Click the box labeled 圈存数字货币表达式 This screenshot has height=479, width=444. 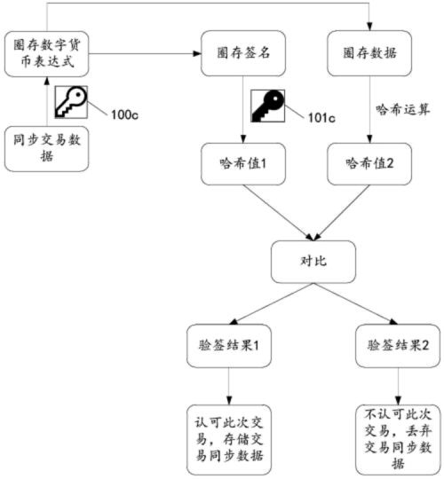(x=46, y=54)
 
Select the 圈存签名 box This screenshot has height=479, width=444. (x=243, y=53)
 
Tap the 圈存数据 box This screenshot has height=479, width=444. (x=369, y=53)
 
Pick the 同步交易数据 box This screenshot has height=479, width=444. (x=46, y=148)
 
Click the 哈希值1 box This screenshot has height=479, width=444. (x=243, y=164)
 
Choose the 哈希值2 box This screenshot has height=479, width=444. (x=369, y=164)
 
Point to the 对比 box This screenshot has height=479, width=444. (x=313, y=262)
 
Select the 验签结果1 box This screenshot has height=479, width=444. (x=229, y=346)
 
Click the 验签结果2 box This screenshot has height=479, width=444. (x=398, y=346)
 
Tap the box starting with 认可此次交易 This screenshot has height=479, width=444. (x=229, y=440)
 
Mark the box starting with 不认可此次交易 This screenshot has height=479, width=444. (x=398, y=440)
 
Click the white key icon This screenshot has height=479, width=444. (x=71, y=102)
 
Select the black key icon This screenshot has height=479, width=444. (x=268, y=106)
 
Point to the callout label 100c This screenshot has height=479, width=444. (x=124, y=114)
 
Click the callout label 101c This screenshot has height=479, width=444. (x=321, y=118)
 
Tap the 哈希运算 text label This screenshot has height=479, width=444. (x=402, y=109)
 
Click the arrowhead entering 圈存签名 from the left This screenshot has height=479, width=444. (x=196, y=54)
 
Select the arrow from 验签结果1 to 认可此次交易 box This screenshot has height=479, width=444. (x=229, y=386)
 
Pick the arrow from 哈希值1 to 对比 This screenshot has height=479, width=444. (x=278, y=213)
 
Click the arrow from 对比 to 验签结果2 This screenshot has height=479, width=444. (x=355, y=303)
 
